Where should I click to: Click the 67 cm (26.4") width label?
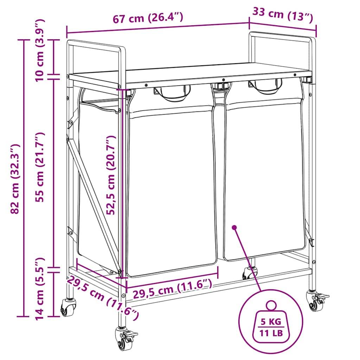[x=148, y=18]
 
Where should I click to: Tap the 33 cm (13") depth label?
[x=283, y=14]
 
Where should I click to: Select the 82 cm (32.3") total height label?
[x=15, y=179]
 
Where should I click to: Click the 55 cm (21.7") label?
[x=39, y=167]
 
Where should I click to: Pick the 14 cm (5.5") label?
[x=39, y=289]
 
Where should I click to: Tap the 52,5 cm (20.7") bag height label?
[x=111, y=175]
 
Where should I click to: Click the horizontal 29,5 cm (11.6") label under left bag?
[x=172, y=289]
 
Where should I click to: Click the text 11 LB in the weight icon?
[x=271, y=333]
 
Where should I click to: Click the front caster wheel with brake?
[x=125, y=339]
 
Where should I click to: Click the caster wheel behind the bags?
[x=250, y=273]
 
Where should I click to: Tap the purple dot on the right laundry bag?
[x=234, y=227]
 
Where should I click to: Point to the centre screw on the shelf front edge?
[x=223, y=80]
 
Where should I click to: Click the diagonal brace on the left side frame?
[x=92, y=204]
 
